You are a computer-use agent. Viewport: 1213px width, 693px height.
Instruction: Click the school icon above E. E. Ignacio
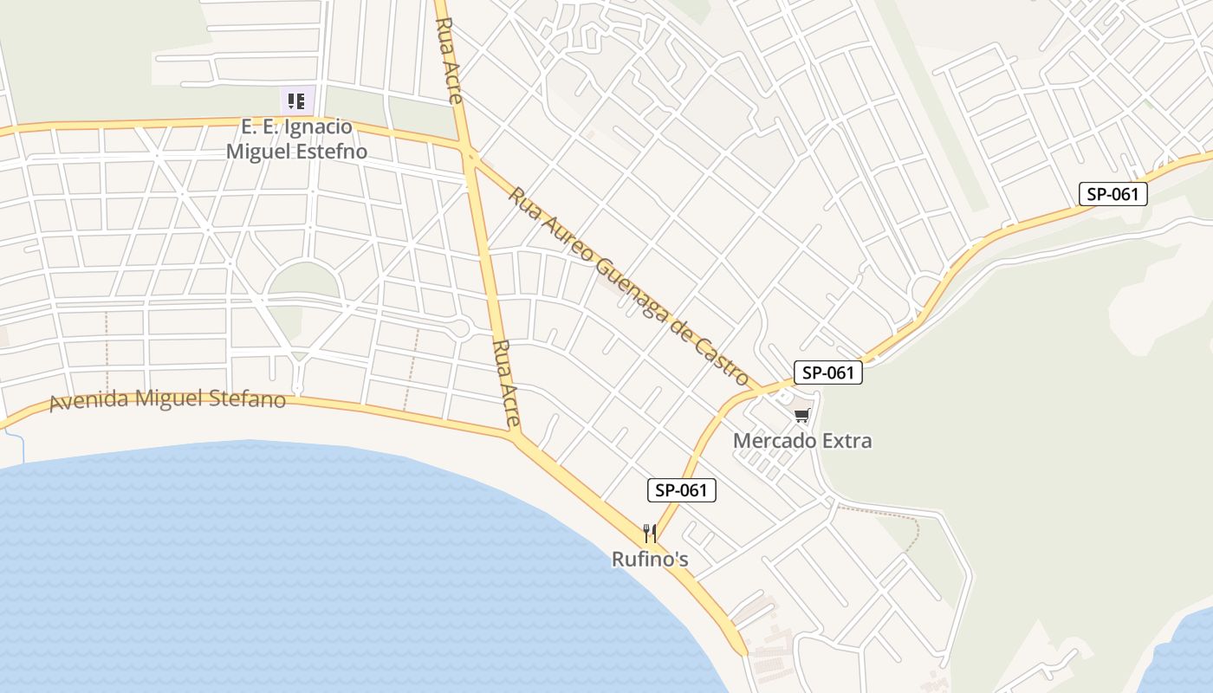(x=296, y=100)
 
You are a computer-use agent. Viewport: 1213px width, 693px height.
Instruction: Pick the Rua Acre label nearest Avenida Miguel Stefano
(x=506, y=384)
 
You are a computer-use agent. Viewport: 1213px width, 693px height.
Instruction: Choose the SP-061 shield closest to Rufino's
(x=682, y=490)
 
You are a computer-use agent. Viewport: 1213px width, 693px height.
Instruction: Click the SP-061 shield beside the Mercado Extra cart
(x=828, y=373)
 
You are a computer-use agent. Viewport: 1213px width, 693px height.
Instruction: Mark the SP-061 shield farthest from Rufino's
(x=1112, y=194)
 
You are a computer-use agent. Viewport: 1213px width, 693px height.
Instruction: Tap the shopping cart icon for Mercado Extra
(x=802, y=416)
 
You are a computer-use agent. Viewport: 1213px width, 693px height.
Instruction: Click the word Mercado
(x=775, y=441)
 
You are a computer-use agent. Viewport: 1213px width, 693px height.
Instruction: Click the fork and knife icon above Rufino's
(x=650, y=533)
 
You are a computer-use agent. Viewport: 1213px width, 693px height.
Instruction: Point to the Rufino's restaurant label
(x=650, y=560)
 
